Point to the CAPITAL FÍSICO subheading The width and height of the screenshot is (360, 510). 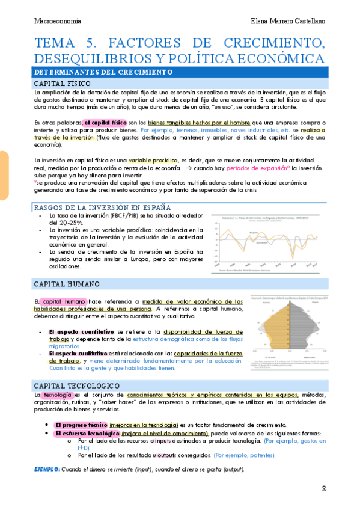pyautogui.click(x=63, y=83)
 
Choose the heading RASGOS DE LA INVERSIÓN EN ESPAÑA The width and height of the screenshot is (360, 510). pyautogui.click(x=100, y=207)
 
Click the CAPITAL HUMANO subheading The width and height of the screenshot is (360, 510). pyautogui.click(x=66, y=283)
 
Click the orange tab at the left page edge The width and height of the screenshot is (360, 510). pyautogui.click(x=4, y=175)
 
